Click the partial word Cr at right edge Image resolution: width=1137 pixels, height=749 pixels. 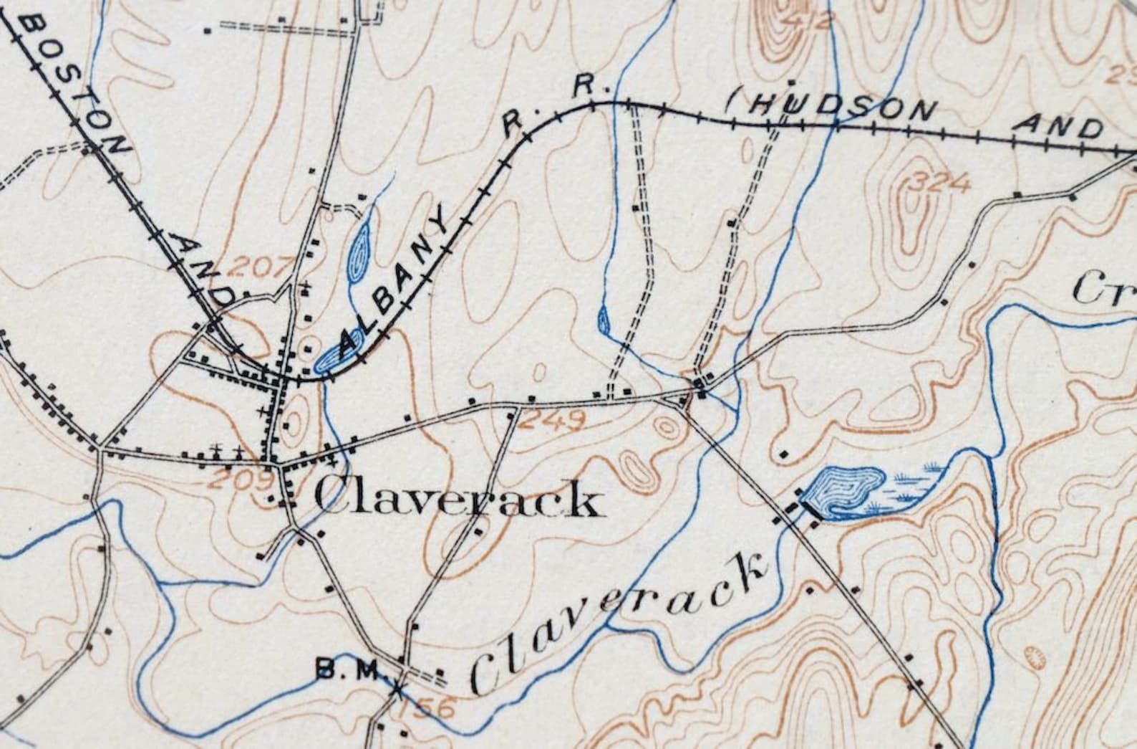(1103, 288)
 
